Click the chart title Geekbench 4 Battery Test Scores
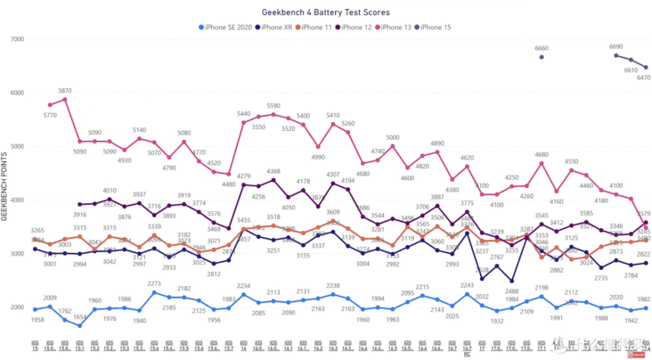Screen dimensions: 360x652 tap(326, 12)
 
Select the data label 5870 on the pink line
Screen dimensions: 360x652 tap(64, 91)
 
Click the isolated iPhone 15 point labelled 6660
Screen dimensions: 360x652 tap(542, 57)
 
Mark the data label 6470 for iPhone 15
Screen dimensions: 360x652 tap(643, 78)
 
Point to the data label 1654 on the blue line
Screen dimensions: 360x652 tap(79, 335)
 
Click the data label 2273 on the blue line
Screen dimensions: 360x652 tap(154, 284)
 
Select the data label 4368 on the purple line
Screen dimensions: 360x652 tap(273, 172)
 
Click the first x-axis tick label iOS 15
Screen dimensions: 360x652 tap(35, 344)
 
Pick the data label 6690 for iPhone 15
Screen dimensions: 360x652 tap(616, 47)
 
